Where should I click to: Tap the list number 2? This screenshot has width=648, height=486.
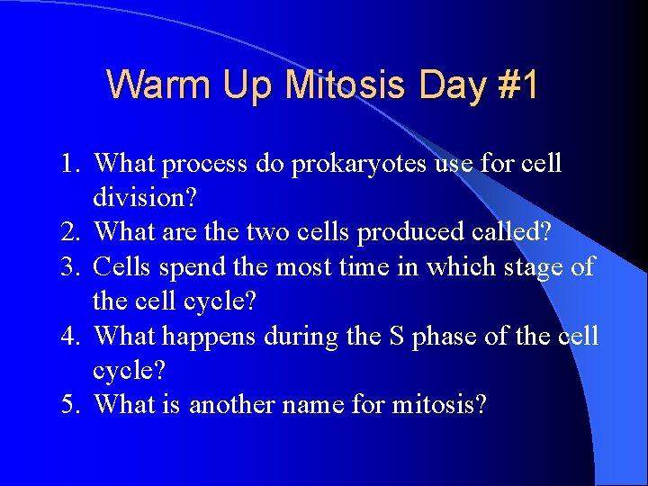coord(72,232)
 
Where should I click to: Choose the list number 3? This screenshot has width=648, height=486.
coord(72,267)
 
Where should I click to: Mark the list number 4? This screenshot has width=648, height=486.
coord(72,337)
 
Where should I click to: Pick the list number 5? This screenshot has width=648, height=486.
coord(72,405)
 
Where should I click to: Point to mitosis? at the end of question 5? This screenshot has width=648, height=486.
coord(439,405)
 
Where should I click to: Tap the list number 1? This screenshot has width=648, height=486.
coord(72,165)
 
